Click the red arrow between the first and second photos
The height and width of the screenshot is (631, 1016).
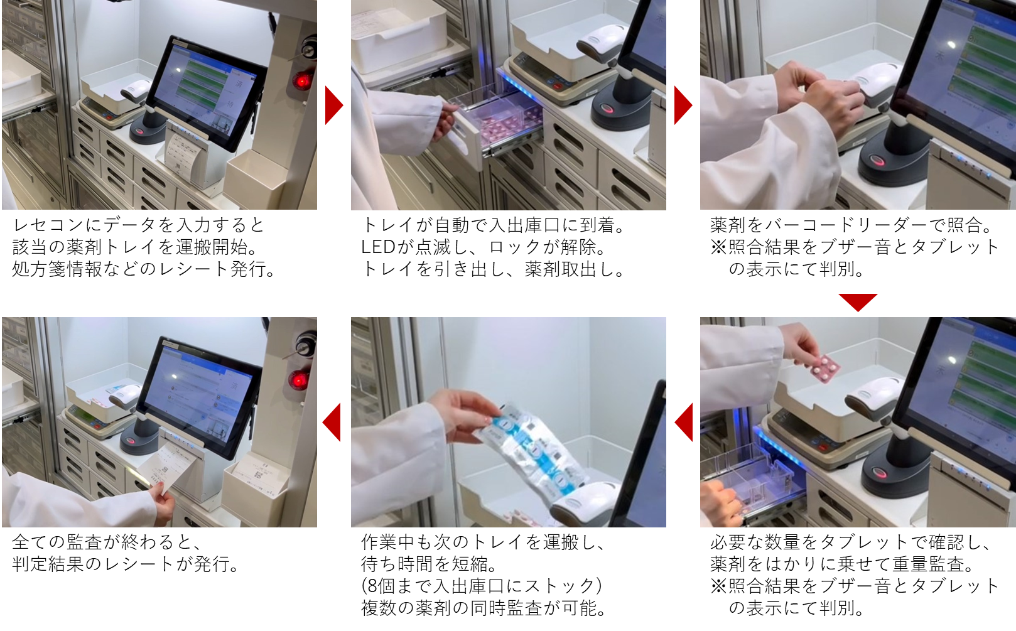pos(334,105)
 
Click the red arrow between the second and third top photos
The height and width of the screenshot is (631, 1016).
pos(683,105)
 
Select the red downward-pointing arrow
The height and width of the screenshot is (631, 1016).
pos(858,302)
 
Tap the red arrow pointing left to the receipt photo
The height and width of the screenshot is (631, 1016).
pos(332,422)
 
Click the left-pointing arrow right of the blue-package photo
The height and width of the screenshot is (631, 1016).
pos(684,422)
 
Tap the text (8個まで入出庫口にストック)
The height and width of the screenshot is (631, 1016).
pos(482,586)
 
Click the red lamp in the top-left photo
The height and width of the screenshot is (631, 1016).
pos(301,81)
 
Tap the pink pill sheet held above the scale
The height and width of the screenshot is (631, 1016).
pos(824,369)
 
